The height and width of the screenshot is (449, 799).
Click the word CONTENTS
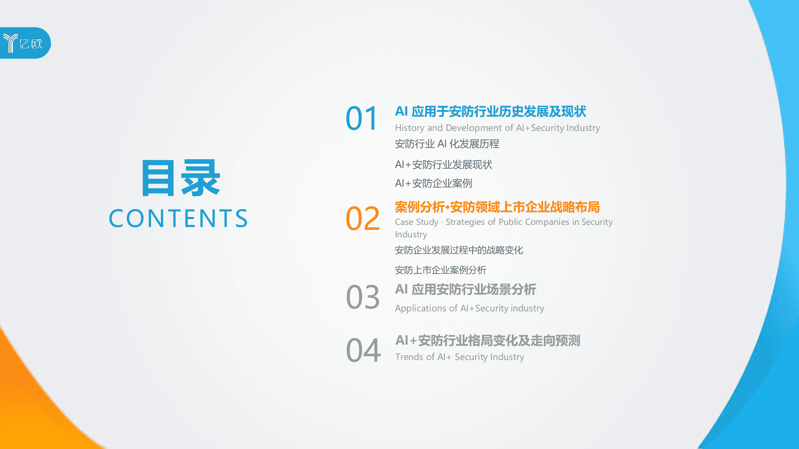click(178, 219)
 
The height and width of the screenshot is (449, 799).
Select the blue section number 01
click(361, 118)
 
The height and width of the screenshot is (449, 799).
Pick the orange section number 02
click(362, 218)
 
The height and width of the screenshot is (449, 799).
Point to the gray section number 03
click(362, 297)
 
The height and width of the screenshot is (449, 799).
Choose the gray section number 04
click(363, 350)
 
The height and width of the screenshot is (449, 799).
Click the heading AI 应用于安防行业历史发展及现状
click(490, 111)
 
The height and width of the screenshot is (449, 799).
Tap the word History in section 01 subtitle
click(409, 128)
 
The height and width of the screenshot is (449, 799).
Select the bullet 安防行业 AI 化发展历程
click(447, 144)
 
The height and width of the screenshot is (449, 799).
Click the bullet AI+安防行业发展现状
click(443, 165)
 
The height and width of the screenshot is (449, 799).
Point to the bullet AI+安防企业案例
click(433, 183)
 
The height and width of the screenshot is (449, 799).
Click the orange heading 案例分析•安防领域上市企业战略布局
click(497, 207)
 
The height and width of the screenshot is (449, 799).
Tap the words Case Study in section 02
click(417, 222)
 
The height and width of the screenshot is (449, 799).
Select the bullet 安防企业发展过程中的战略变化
click(459, 250)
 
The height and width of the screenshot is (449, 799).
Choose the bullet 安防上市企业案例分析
click(440, 270)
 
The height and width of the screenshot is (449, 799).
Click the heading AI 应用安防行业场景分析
click(465, 289)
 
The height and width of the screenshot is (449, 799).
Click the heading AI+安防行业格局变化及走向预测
click(487, 340)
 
